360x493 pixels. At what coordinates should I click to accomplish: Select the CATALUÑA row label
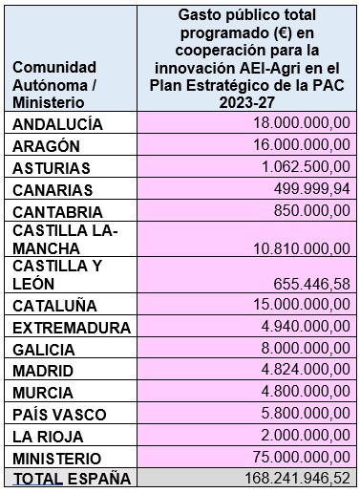[53, 307]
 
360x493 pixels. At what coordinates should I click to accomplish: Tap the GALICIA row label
[44, 349]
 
